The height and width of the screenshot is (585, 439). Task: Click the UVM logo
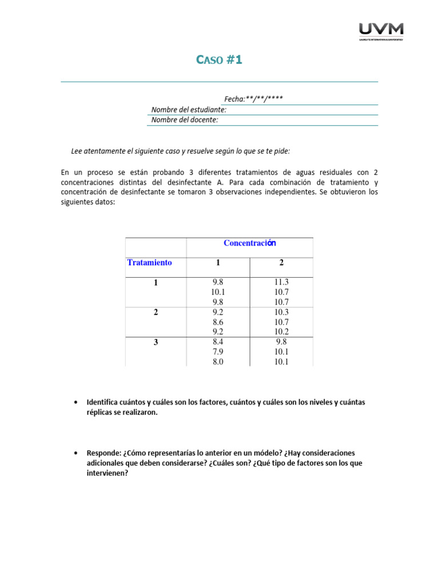[x=381, y=31]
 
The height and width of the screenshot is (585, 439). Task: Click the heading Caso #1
[x=219, y=60]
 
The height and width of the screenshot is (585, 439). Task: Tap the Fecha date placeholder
[x=254, y=99]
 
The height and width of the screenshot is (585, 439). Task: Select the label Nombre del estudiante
[x=189, y=110]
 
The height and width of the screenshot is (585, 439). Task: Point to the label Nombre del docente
[x=185, y=120]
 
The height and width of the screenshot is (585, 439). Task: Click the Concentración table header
[x=250, y=243]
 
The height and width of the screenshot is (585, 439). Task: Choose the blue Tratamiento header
[x=149, y=263]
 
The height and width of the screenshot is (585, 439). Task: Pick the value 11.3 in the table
[x=281, y=282]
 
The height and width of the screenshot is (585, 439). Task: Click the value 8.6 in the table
[x=218, y=322]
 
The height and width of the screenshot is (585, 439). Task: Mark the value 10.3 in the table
[x=281, y=312]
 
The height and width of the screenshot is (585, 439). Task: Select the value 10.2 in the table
[x=281, y=332]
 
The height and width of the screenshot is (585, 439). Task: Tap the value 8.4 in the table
[x=218, y=342]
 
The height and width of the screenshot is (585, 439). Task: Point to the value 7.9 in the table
[x=218, y=352]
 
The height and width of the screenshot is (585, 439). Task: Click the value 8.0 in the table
[x=218, y=362]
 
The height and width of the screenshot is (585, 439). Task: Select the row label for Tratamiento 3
[x=156, y=343]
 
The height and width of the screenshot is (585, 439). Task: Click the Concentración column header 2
[x=281, y=263]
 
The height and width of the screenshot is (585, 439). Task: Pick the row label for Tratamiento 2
[x=156, y=312]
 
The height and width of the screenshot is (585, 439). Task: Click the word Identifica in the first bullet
[x=103, y=402]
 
